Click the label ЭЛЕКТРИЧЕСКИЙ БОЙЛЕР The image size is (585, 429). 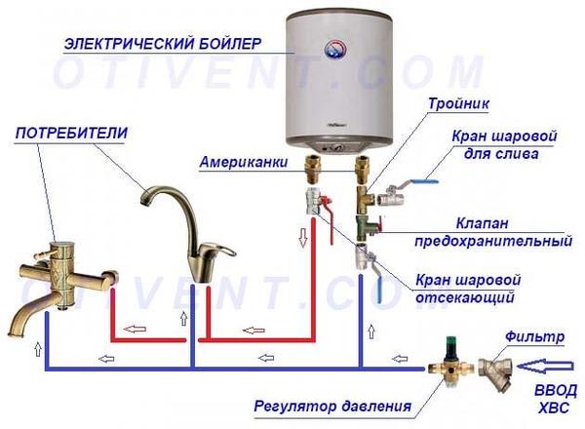pyautogui.click(x=163, y=44)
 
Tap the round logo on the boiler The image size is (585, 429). pyautogui.click(x=335, y=50)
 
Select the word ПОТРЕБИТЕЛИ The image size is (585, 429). pyautogui.click(x=71, y=134)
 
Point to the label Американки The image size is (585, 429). pyautogui.click(x=244, y=162)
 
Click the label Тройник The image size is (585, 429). pyautogui.click(x=458, y=103)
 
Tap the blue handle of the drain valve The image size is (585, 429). pyautogui.click(x=424, y=181)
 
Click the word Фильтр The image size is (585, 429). pyautogui.click(x=534, y=336)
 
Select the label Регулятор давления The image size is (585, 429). pyautogui.click(x=332, y=406)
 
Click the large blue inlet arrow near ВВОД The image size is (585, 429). pyautogui.click(x=545, y=367)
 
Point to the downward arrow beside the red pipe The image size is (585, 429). pyautogui.click(x=303, y=237)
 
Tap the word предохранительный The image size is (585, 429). pyautogui.click(x=493, y=242)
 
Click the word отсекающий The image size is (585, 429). pyautogui.click(x=465, y=297)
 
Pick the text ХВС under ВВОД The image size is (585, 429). pyautogui.click(x=554, y=407)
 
